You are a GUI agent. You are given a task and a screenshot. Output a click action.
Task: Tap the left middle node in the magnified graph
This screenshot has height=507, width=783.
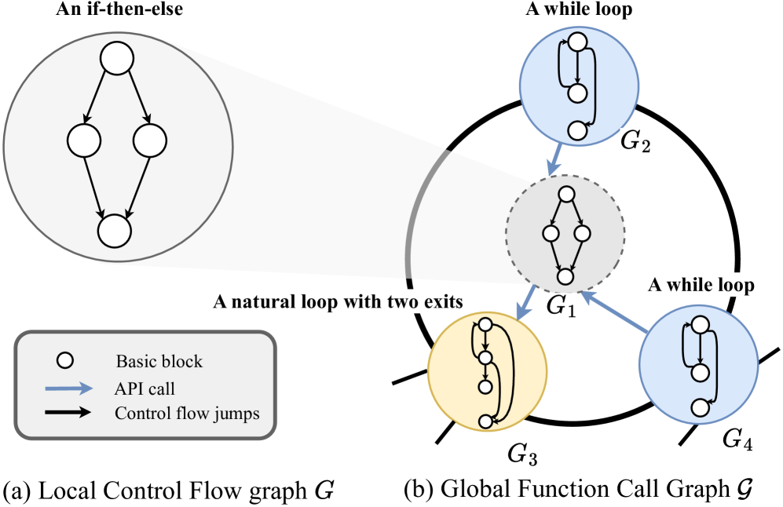pyautogui.click(x=83, y=141)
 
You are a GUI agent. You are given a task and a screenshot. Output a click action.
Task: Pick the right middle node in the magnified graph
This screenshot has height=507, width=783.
pyautogui.click(x=149, y=141)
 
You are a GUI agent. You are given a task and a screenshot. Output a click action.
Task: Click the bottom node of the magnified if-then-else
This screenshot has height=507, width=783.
pyautogui.click(x=115, y=231)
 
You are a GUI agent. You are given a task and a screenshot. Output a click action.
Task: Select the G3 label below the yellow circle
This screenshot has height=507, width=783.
pyautogui.click(x=522, y=454)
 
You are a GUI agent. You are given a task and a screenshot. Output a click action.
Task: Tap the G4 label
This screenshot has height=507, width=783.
pyautogui.click(x=737, y=441)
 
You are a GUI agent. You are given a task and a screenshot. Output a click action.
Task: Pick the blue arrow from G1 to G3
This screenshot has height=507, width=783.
pyautogui.click(x=526, y=303)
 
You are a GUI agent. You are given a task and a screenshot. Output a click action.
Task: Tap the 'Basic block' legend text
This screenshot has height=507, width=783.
pyautogui.click(x=159, y=362)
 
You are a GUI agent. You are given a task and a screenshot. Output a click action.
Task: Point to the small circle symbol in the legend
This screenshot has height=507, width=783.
pyautogui.click(x=67, y=361)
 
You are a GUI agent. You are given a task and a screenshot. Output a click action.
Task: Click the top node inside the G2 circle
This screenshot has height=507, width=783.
pyautogui.click(x=578, y=42)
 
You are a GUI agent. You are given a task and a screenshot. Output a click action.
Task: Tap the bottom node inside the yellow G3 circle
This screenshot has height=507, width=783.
pyautogui.click(x=485, y=421)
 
